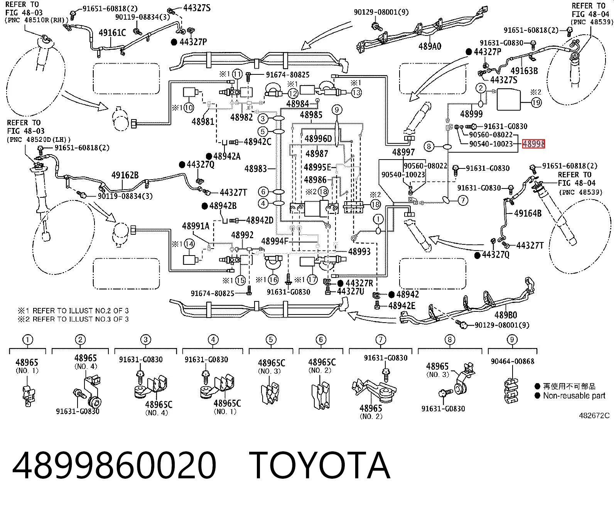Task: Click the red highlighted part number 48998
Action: [x=533, y=144]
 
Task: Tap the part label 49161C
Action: [x=112, y=33]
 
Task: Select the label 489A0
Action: [x=430, y=47]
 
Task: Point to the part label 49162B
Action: [x=125, y=175]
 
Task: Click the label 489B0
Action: [x=506, y=315]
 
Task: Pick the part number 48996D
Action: [x=318, y=138]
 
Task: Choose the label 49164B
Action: [x=528, y=213]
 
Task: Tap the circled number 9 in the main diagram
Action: [x=337, y=110]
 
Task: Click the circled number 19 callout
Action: [x=536, y=102]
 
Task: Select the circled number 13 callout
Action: [x=356, y=93]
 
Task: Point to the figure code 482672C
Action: [x=594, y=415]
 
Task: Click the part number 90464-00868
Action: [x=512, y=361]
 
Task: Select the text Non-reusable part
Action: [x=574, y=396]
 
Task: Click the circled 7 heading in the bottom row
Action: [x=381, y=340]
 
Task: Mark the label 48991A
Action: [x=196, y=226]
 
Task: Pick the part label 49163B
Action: [x=524, y=71]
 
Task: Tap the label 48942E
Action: [x=402, y=306]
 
